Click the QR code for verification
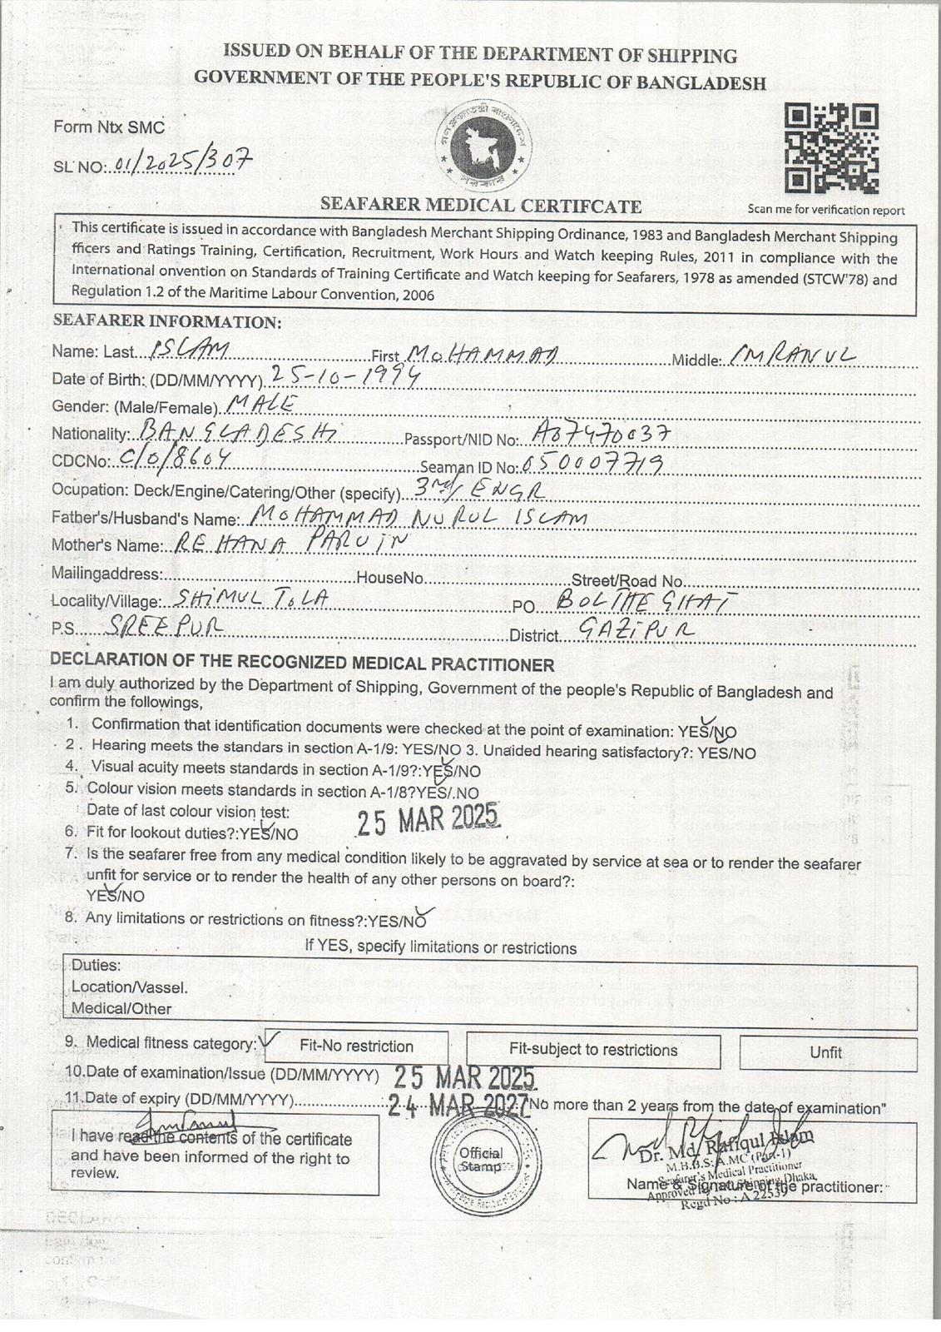pyautogui.click(x=831, y=148)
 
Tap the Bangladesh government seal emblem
pyautogui.click(x=483, y=147)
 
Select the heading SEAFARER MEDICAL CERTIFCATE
pyautogui.click(x=481, y=206)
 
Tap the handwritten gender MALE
pyautogui.click(x=260, y=405)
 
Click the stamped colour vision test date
pyautogui.click(x=428, y=820)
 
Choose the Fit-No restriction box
pyautogui.click(x=357, y=1046)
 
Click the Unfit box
pyautogui.click(x=826, y=1052)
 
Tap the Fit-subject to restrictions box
pyautogui.click(x=592, y=1050)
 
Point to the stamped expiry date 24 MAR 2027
pyautogui.click(x=458, y=1105)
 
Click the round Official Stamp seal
pyautogui.click(x=481, y=1160)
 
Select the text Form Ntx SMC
pyautogui.click(x=109, y=128)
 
